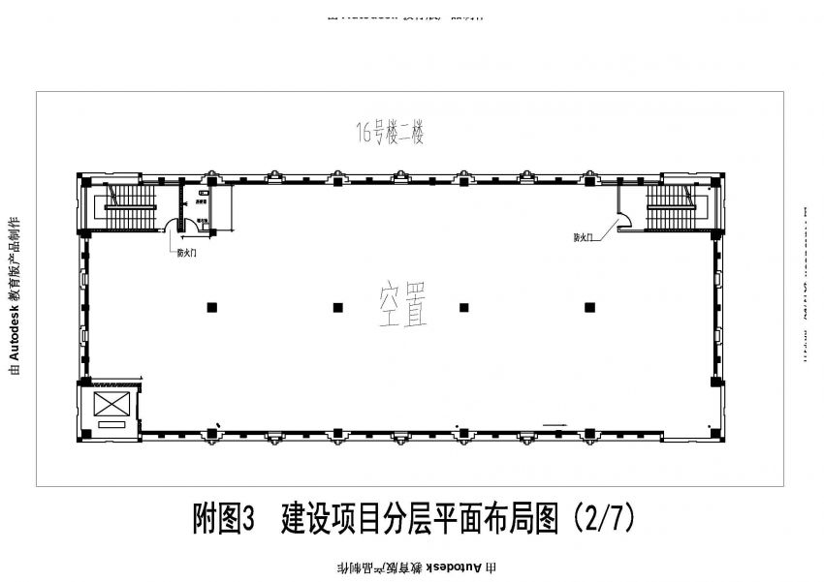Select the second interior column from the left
pos(337,308)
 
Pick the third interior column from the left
pos(463,308)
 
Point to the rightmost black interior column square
pos(588,308)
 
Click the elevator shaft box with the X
pos(110,405)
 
